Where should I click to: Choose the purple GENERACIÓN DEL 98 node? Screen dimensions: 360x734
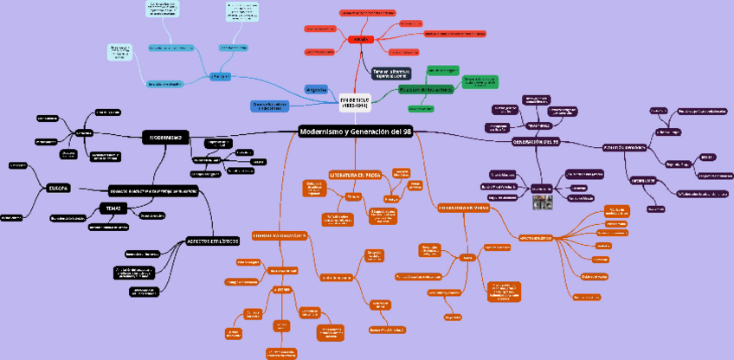point(537,141)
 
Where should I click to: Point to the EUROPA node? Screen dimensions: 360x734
point(59,187)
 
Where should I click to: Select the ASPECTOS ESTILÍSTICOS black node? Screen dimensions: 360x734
point(212,241)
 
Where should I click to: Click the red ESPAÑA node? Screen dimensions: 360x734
point(358,40)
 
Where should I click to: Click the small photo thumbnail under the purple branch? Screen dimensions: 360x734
point(543,203)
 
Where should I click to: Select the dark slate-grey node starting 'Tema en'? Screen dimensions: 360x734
point(391,73)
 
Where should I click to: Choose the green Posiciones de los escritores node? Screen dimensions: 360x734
point(425,89)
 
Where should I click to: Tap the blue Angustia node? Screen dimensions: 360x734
point(316,88)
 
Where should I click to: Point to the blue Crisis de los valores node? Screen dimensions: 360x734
point(269,106)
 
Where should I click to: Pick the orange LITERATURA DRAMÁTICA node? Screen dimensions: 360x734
point(280,235)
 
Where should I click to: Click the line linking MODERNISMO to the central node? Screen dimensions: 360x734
point(242,133)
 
